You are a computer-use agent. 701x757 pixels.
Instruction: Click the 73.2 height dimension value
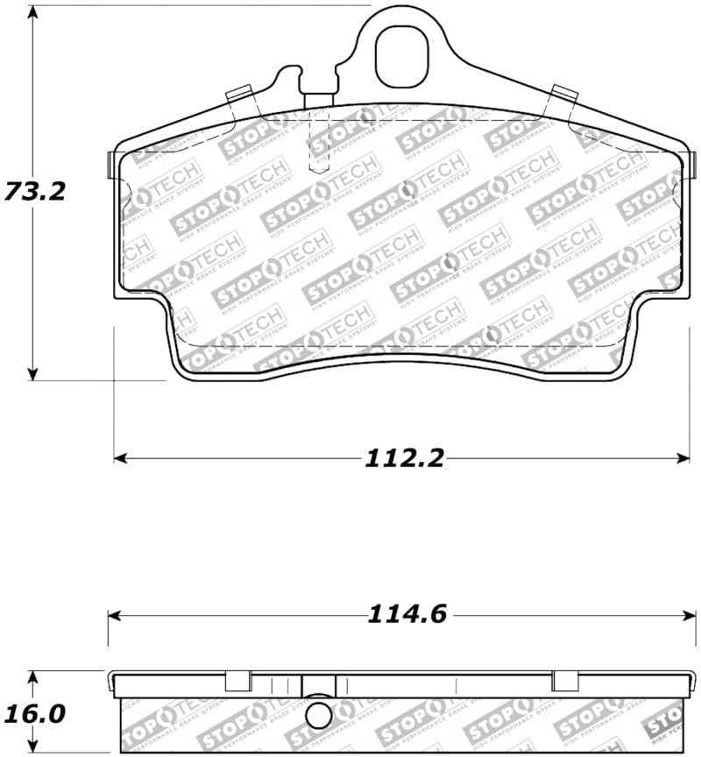[35, 190]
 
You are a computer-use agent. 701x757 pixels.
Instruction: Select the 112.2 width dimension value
[406, 457]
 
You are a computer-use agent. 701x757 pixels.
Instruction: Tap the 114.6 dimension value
[407, 615]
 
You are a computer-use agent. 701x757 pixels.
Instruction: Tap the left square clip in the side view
[237, 681]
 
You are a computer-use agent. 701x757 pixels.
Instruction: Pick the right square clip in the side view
[564, 681]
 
